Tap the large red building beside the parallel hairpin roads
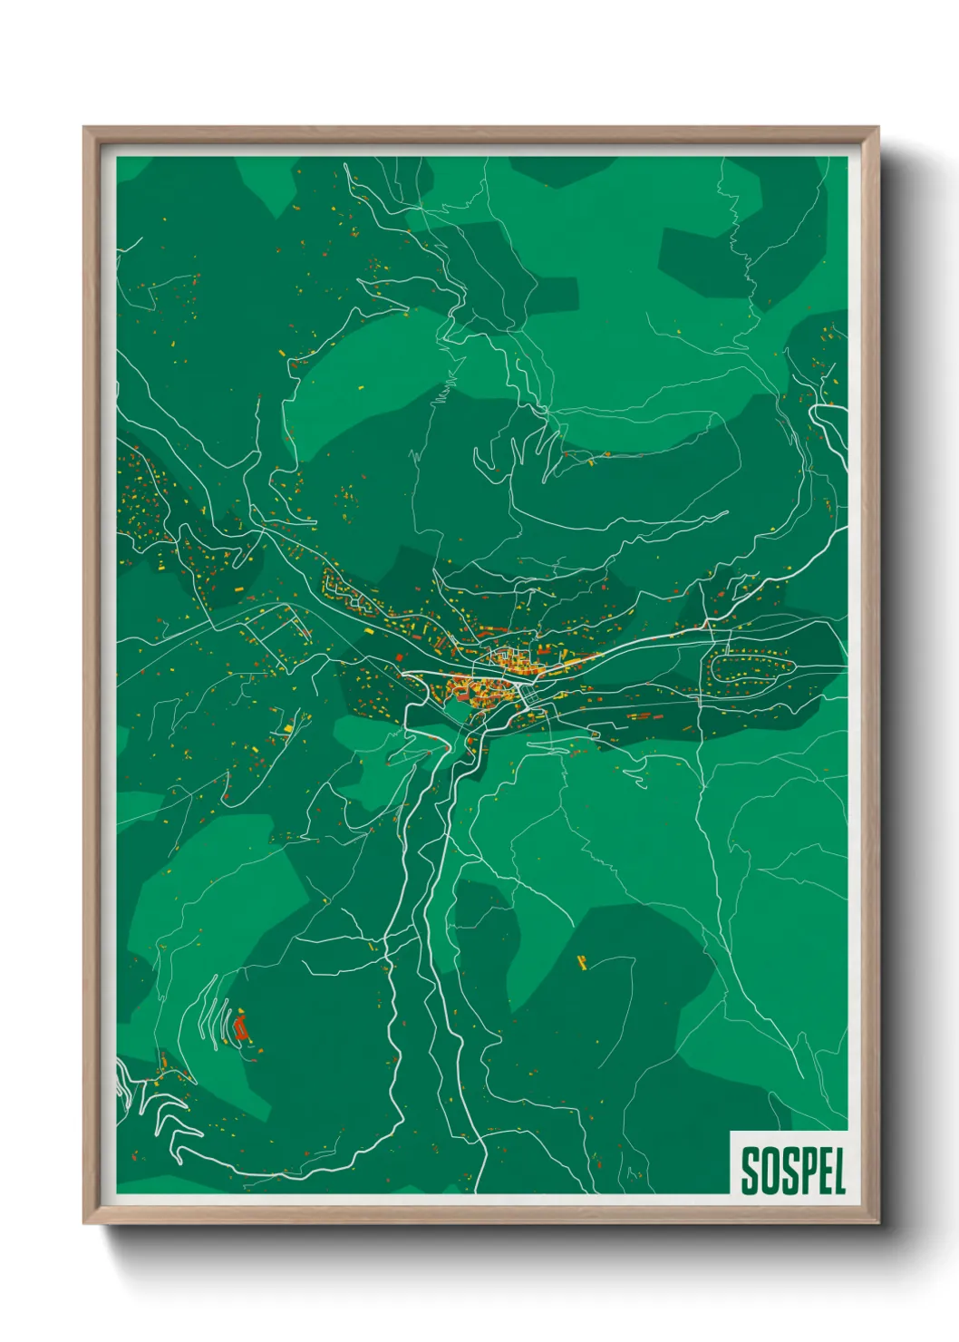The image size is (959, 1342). tap(240, 1027)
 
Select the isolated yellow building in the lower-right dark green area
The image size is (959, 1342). tap(582, 962)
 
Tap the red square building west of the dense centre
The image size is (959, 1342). tap(398, 656)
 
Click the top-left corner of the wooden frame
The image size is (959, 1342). tap(85, 129)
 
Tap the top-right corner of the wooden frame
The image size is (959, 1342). tap(877, 129)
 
